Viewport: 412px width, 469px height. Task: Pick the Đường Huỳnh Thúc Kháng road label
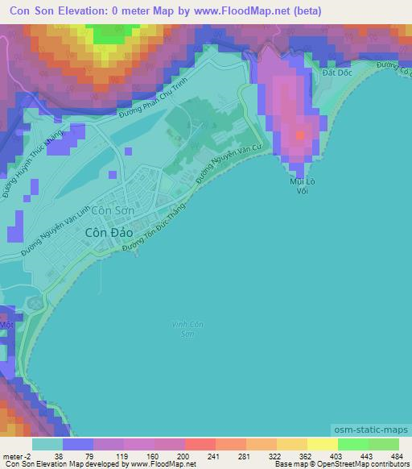pyautogui.click(x=24, y=161)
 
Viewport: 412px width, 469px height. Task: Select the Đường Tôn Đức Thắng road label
pyautogui.click(x=153, y=232)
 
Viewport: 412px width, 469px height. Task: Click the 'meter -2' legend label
pyautogui.click(x=15, y=455)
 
